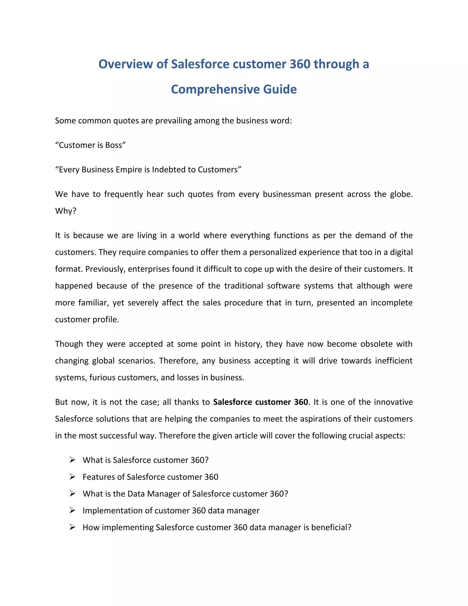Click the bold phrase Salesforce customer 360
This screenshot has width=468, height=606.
click(x=260, y=402)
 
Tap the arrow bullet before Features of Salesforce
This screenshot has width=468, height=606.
click(x=73, y=477)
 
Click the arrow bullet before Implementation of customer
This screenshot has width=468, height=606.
click(x=73, y=510)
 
